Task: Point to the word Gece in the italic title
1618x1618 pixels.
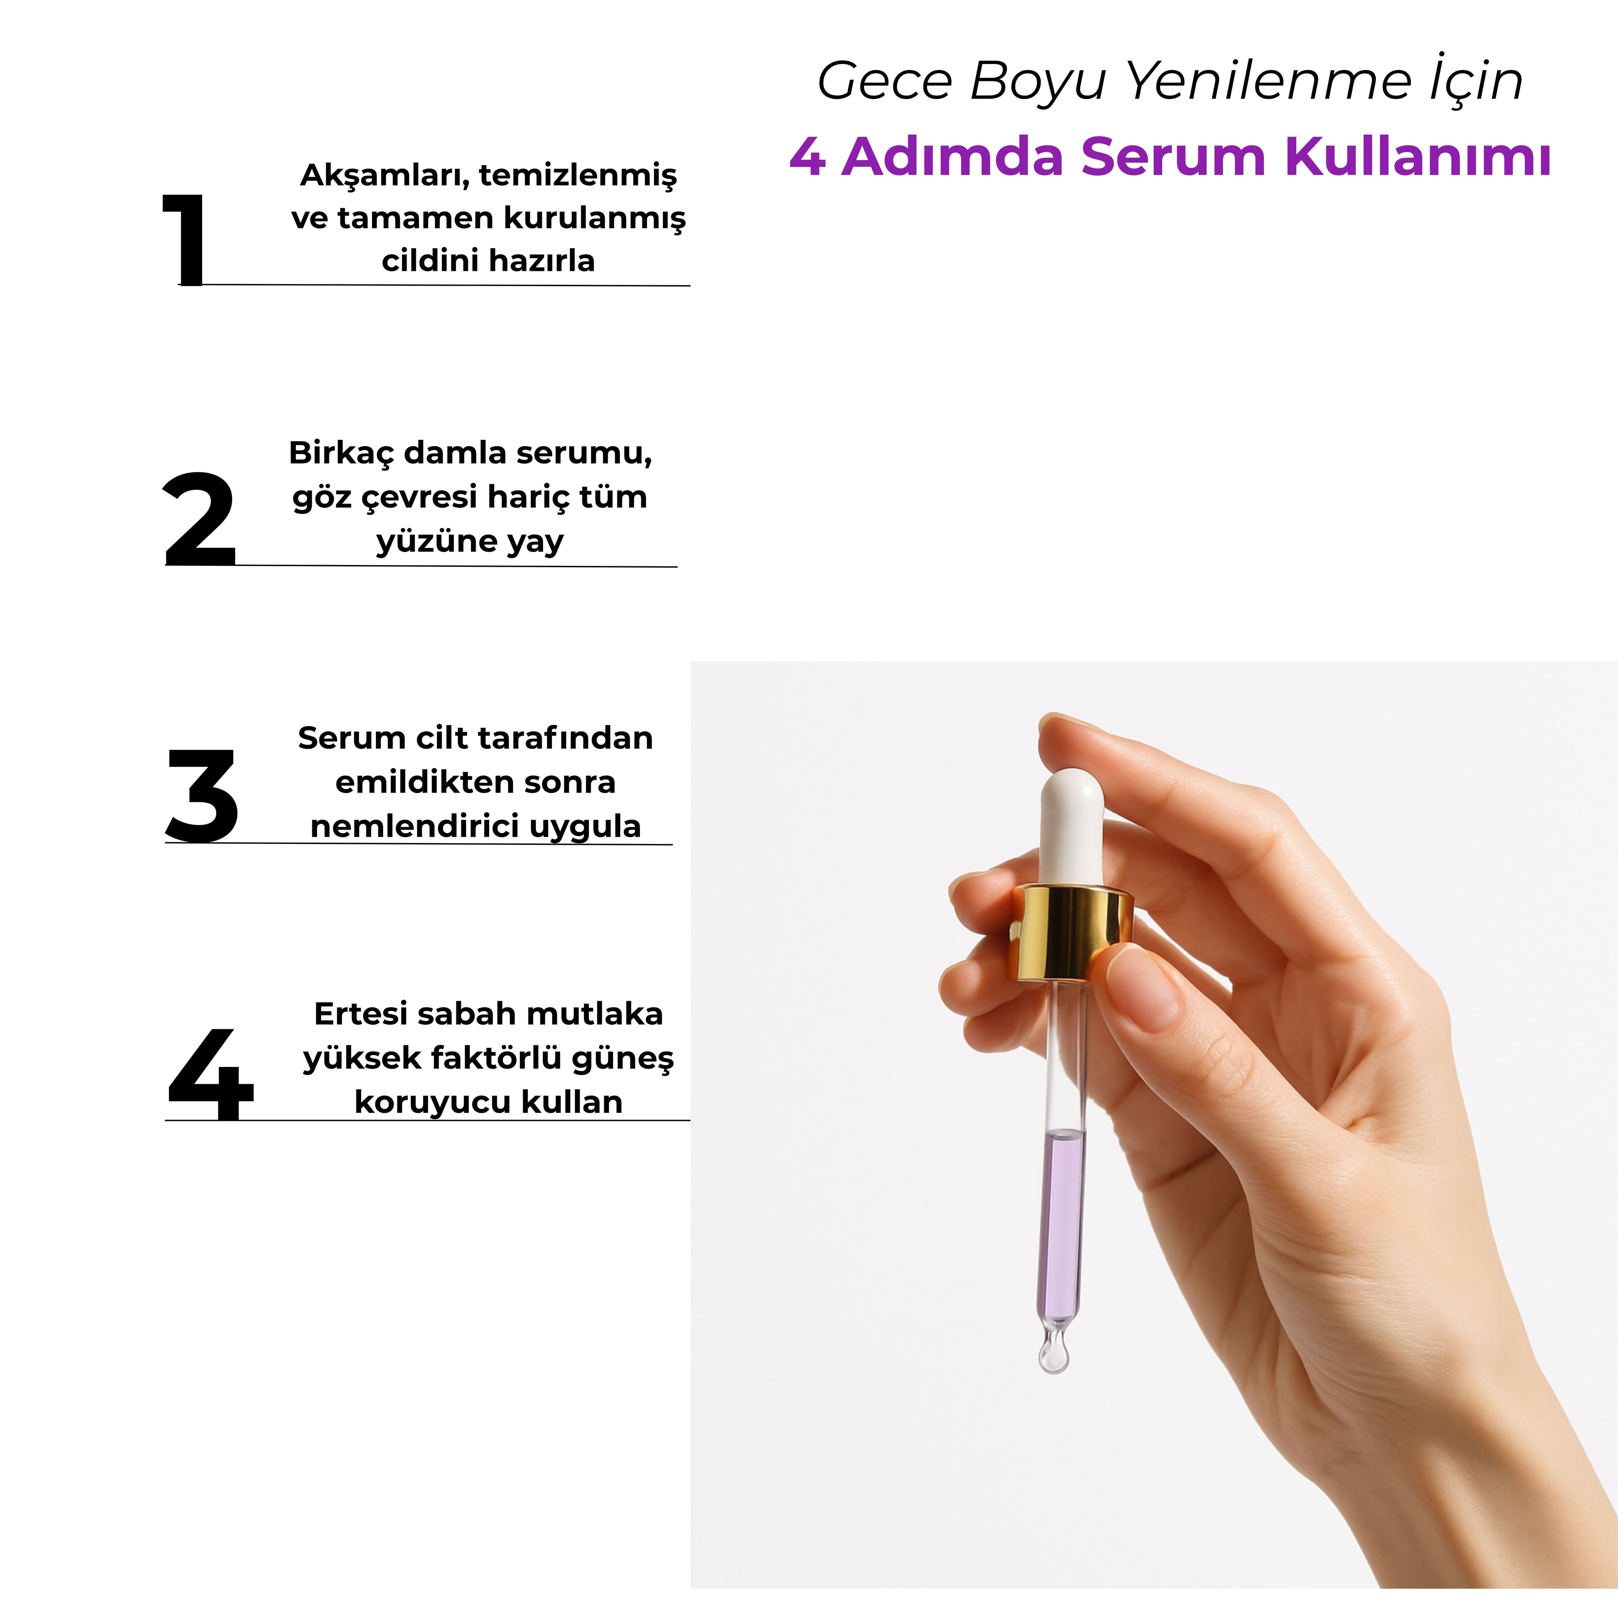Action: coord(884,82)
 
